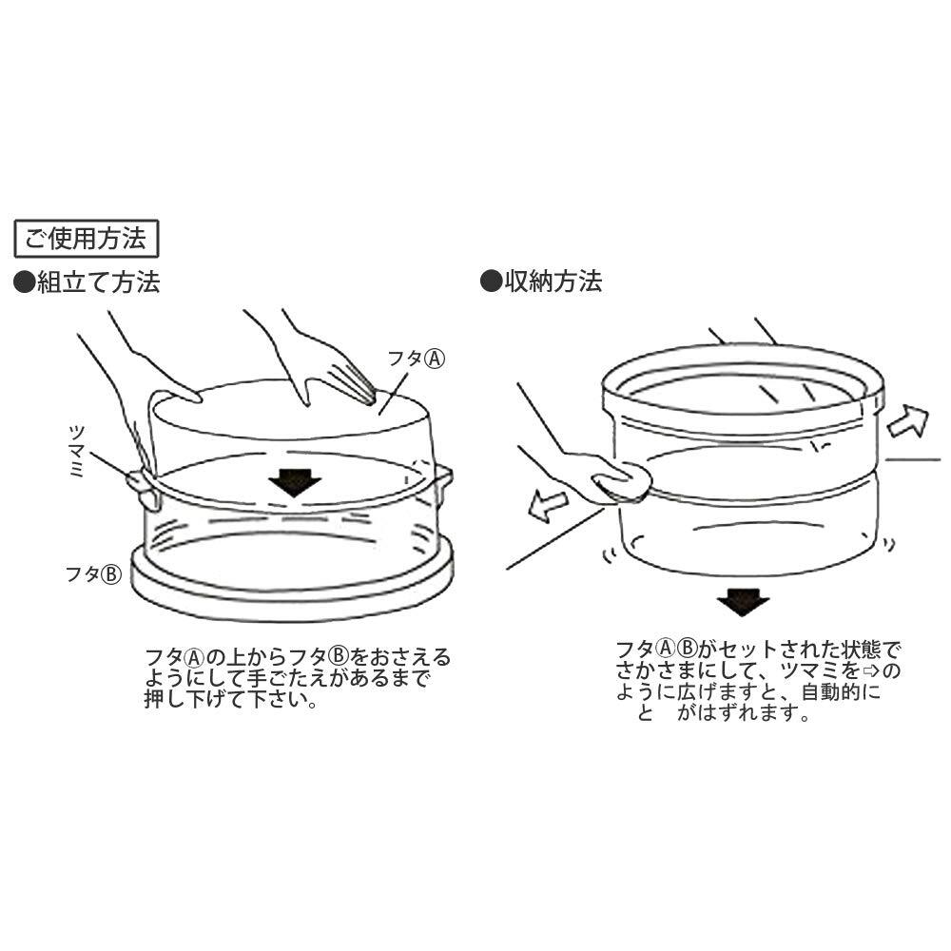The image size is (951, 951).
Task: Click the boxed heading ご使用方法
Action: pos(85,240)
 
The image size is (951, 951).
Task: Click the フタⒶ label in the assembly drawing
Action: pos(416,359)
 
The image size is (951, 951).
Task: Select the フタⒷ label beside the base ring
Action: pos(92,574)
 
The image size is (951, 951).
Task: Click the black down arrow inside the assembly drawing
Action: pos(294,482)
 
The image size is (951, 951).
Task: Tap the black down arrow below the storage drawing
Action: pos(742,602)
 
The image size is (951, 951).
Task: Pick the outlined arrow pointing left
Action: pos(549,506)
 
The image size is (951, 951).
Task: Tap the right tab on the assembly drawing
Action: pos(442,480)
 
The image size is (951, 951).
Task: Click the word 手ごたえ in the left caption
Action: pos(303,679)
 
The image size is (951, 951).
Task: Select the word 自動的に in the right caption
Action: pos(841,693)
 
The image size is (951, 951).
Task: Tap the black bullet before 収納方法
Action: pos(490,281)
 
